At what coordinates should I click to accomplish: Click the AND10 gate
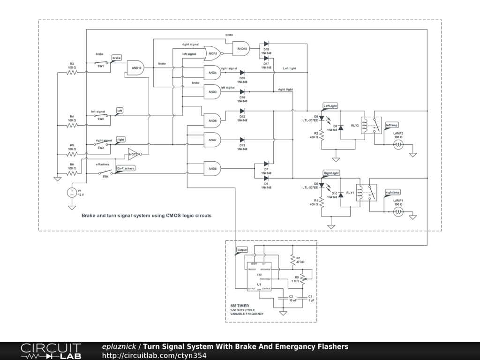point(241,48)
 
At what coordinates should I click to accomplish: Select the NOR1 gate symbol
point(212,53)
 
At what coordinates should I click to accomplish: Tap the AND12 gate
point(136,67)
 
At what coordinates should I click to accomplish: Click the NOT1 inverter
point(133,154)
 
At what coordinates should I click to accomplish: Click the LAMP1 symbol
point(398,212)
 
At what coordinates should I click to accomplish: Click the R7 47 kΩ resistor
point(292,260)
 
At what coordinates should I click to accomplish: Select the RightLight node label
point(331,173)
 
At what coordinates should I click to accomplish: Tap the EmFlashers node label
point(126,168)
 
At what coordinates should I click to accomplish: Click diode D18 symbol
point(266,44)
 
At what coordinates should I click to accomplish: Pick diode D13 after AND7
point(242,140)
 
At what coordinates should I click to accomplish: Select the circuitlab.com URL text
point(154,355)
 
